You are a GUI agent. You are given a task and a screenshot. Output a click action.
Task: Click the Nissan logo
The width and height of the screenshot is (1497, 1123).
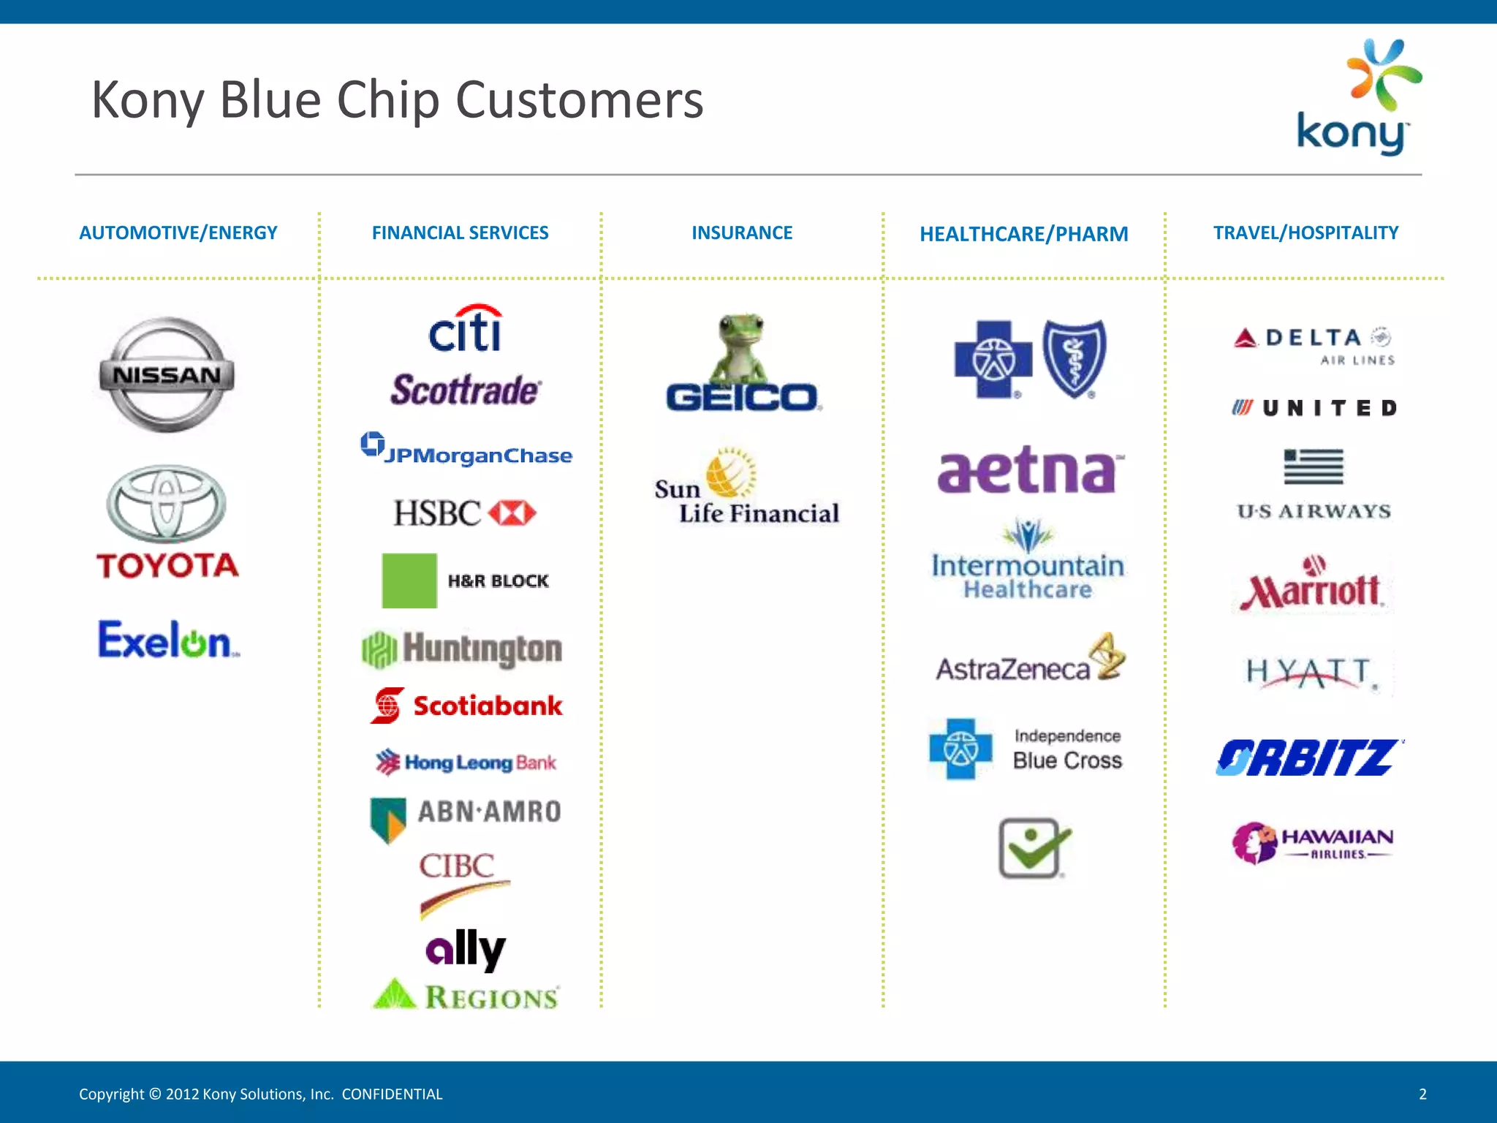[167, 374]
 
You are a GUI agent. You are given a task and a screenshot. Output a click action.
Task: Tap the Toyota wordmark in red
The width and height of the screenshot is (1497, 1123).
[167, 565]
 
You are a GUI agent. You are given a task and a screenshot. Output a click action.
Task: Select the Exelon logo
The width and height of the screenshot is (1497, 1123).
[167, 640]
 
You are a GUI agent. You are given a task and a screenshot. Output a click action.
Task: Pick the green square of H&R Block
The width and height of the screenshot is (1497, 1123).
[409, 581]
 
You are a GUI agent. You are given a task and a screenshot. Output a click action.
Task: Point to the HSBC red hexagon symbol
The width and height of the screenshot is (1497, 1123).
[512, 513]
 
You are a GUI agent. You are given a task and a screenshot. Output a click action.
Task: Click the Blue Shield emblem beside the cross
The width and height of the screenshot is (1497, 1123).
[1074, 358]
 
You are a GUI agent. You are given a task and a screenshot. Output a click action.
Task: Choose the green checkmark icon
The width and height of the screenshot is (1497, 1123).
[1033, 848]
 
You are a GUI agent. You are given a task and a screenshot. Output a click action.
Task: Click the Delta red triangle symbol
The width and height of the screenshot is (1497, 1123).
[1245, 339]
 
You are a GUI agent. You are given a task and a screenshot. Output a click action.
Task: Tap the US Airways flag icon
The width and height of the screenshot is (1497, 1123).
[1314, 466]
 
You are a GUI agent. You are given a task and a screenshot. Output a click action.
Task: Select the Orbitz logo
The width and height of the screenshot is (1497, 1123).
[1308, 757]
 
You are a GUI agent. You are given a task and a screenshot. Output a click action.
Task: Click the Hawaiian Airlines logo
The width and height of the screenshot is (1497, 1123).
[1313, 842]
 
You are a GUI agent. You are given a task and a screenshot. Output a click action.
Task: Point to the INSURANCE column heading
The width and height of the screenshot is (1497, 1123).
[742, 232]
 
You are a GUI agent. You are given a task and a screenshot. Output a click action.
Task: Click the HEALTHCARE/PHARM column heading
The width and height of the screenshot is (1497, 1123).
[1023, 234]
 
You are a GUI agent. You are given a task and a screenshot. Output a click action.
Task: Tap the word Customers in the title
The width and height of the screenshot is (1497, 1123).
[579, 100]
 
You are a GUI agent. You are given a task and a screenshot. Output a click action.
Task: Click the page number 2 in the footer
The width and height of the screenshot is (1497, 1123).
[1422, 1094]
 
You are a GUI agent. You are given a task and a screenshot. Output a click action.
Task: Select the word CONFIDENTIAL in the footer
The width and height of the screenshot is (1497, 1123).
[392, 1094]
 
